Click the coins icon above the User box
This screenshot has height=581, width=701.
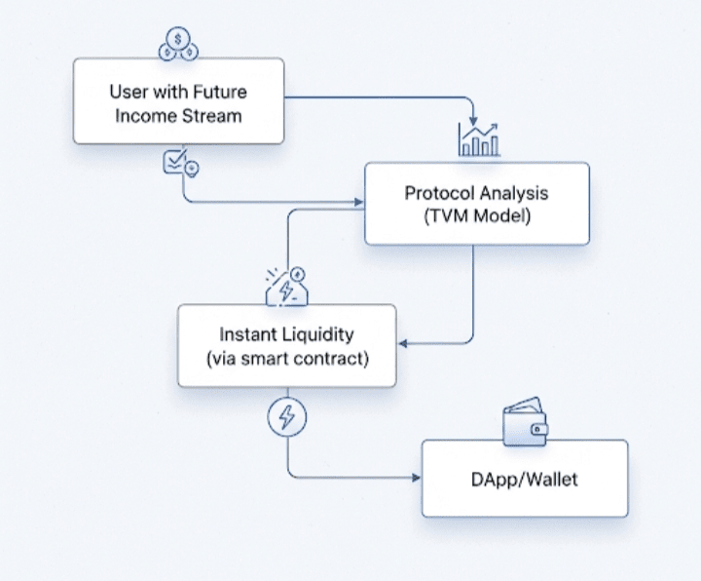pos(178,44)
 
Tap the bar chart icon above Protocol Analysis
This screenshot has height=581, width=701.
pos(479,139)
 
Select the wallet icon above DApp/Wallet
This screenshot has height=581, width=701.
pos(525,421)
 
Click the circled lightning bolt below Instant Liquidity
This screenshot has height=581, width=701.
pos(287,416)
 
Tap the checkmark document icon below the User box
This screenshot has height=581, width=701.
pos(181,162)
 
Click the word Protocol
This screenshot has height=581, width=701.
pos(439,193)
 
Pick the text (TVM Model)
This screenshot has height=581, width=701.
pos(477,216)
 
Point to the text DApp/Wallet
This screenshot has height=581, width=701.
pos(525,480)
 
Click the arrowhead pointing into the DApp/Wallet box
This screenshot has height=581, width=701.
pos(417,478)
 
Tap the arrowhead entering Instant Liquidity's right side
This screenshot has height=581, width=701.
pos(403,343)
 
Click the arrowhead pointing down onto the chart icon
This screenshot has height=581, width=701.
pos(473,121)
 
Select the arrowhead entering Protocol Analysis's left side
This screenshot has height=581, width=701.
pos(359,202)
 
